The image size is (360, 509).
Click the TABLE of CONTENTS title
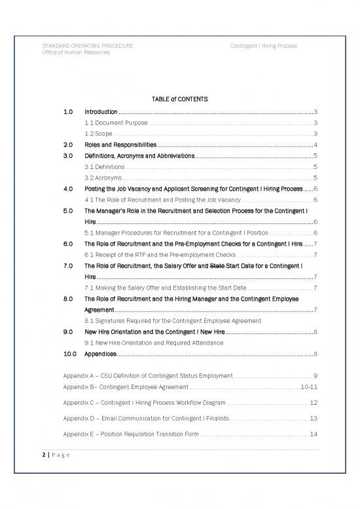(179, 99)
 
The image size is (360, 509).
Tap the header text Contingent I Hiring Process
(263, 46)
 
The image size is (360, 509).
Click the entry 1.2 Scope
(98, 134)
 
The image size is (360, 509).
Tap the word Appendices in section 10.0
(101, 354)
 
